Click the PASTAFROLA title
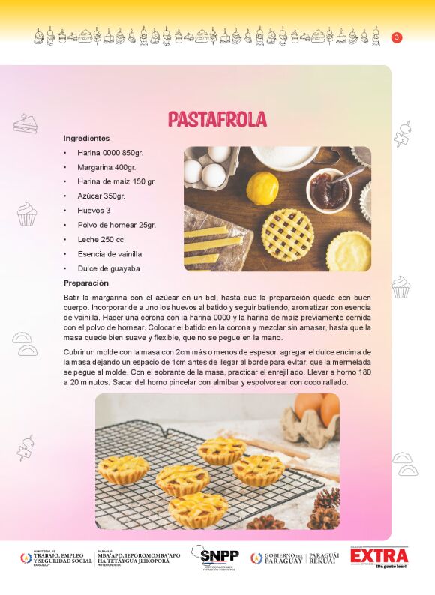[217, 119]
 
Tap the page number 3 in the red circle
[397, 37]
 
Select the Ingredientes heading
[86, 139]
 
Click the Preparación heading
[86, 283]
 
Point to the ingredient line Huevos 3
[94, 211]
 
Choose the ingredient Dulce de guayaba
[109, 268]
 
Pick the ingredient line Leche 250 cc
[100, 239]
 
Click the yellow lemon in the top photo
[262, 187]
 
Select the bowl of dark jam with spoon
[329, 190]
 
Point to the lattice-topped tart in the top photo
[287, 234]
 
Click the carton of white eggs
[210, 168]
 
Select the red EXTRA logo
[379, 557]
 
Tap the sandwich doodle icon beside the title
[25, 124]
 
